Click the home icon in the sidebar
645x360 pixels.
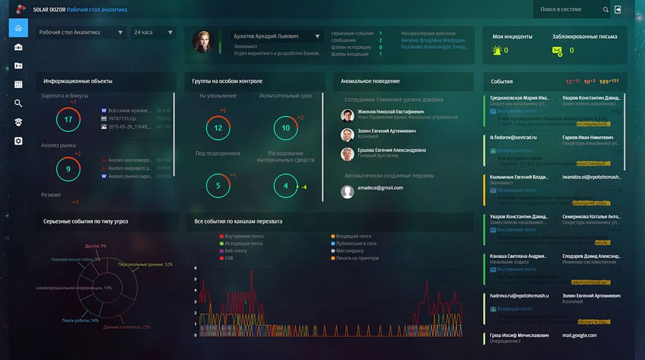pyautogui.click(x=19, y=28)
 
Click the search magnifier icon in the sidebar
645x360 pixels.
pyautogui.click(x=19, y=103)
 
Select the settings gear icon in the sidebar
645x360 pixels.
pyautogui.click(x=19, y=141)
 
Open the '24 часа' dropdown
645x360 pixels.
pyautogui.click(x=153, y=32)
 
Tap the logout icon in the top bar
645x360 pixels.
pyautogui.click(x=619, y=10)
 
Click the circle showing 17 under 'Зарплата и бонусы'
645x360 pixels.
pyautogui.click(x=68, y=119)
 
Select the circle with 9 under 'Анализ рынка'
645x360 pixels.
pyautogui.click(x=68, y=169)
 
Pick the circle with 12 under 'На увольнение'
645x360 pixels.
pyautogui.click(x=218, y=128)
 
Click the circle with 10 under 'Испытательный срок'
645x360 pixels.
pyautogui.click(x=286, y=128)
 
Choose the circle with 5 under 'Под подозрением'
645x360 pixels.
pyautogui.click(x=218, y=186)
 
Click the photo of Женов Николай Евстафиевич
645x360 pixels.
pyautogui.click(x=347, y=115)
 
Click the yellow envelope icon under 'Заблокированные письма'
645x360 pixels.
pyautogui.click(x=557, y=50)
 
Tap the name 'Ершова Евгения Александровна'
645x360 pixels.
pyautogui.click(x=392, y=150)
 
